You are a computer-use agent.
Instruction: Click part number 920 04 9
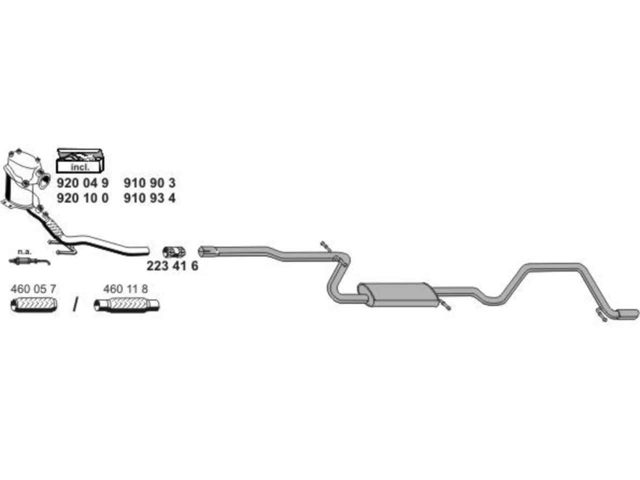point(82,183)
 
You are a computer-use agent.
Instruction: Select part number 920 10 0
point(82,198)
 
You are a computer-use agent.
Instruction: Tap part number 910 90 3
point(149,183)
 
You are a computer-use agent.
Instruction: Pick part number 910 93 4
point(149,198)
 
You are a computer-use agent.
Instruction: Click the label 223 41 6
point(172,266)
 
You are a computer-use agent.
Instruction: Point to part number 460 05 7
point(33,289)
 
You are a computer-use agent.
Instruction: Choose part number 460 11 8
point(125,289)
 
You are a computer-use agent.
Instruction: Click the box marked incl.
point(79,161)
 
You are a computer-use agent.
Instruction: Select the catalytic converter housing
point(25,179)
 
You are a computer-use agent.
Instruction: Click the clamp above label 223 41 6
point(174,252)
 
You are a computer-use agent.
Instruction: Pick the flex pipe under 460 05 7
point(34,305)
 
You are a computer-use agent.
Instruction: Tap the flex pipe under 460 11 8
point(126,305)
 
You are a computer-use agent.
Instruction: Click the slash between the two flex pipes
point(76,304)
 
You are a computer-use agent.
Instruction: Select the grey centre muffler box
point(398,294)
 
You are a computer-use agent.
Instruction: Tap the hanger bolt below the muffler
point(445,305)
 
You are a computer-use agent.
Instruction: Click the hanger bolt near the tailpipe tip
point(602,315)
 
